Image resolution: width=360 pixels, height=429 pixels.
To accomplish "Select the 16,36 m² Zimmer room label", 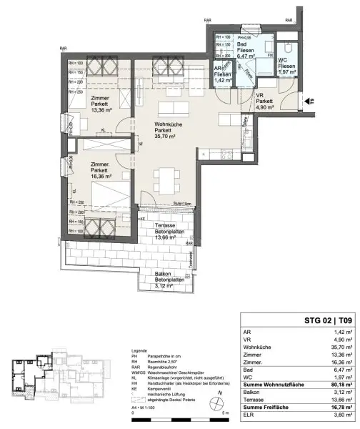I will click(100, 172).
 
